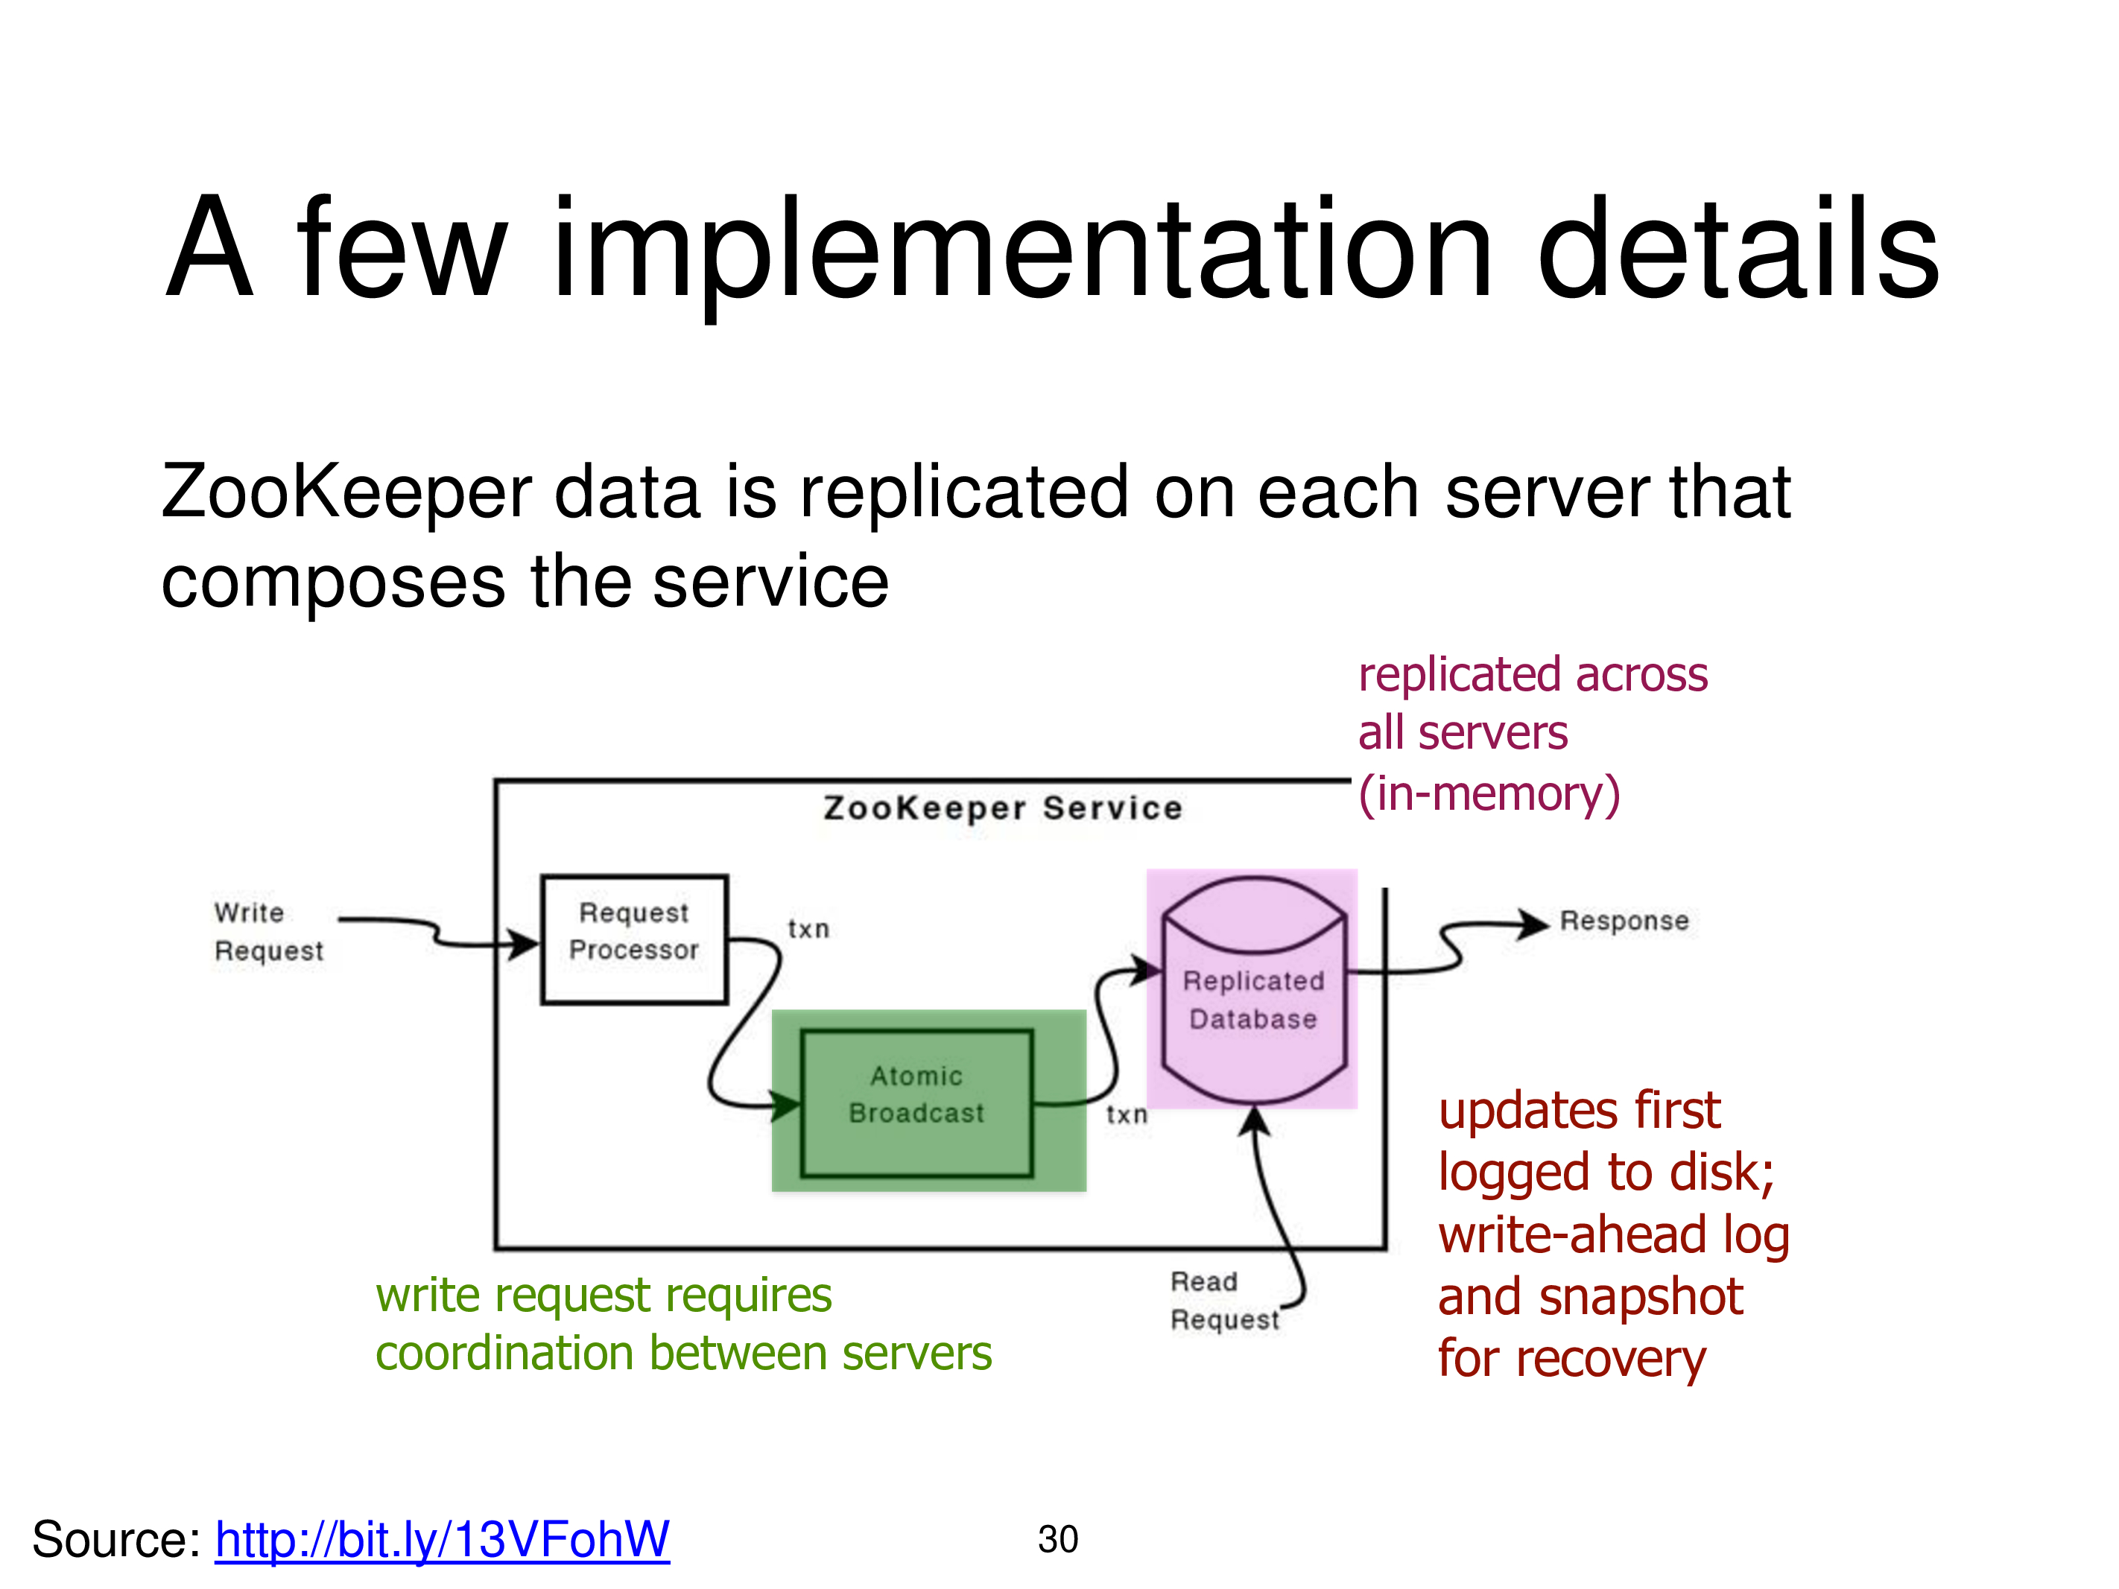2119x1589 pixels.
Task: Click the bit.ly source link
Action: (x=442, y=1539)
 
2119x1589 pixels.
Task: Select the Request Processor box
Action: (x=634, y=939)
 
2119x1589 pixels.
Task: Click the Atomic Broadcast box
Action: (x=916, y=1103)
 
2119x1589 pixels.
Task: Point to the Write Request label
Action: (x=268, y=931)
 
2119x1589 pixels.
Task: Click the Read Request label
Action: (x=1223, y=1300)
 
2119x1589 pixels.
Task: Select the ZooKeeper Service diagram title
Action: (x=1002, y=808)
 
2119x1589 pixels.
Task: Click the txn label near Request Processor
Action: (x=808, y=928)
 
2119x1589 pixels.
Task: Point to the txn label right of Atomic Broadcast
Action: (x=1127, y=1114)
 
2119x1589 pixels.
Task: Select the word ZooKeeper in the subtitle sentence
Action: (x=345, y=492)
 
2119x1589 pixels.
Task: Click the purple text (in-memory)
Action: (x=1489, y=793)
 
